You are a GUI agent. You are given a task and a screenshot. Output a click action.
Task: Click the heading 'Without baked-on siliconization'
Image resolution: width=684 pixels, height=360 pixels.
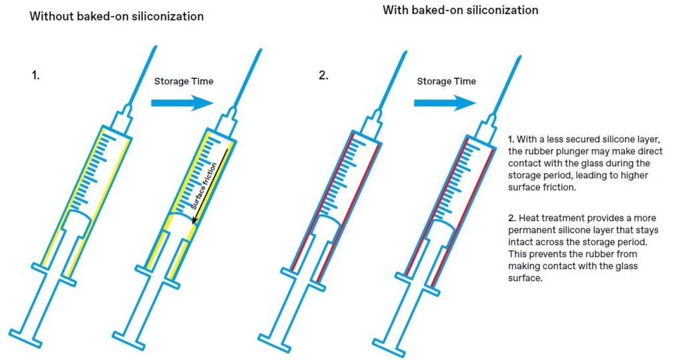pyautogui.click(x=116, y=16)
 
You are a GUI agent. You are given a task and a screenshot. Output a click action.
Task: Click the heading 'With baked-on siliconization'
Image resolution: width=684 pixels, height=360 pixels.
pyautogui.click(x=460, y=10)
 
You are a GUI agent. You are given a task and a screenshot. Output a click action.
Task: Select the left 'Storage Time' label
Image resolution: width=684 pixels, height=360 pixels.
pyautogui.click(x=184, y=81)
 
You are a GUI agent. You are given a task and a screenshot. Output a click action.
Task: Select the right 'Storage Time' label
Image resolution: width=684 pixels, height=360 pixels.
pyautogui.click(x=446, y=81)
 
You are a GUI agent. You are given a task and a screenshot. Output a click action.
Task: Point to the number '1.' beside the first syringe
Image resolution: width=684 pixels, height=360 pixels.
pyautogui.click(x=35, y=75)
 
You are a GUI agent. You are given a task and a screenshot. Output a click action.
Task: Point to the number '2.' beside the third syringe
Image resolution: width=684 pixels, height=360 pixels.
pyautogui.click(x=323, y=75)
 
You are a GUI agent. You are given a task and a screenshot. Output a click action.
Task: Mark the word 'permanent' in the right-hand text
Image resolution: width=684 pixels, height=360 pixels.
pyautogui.click(x=530, y=230)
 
